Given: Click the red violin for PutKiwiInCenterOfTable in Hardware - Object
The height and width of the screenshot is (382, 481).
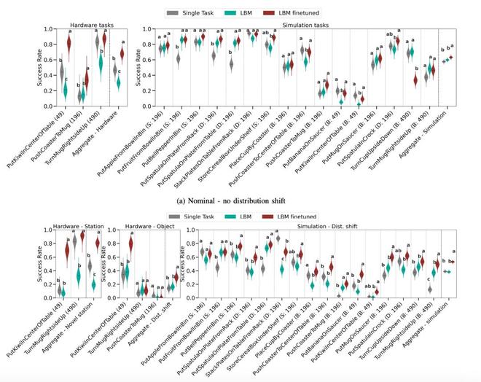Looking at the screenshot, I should [x=132, y=243].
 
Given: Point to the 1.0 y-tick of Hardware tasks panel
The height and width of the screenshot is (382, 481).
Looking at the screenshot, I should [x=47, y=29].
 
